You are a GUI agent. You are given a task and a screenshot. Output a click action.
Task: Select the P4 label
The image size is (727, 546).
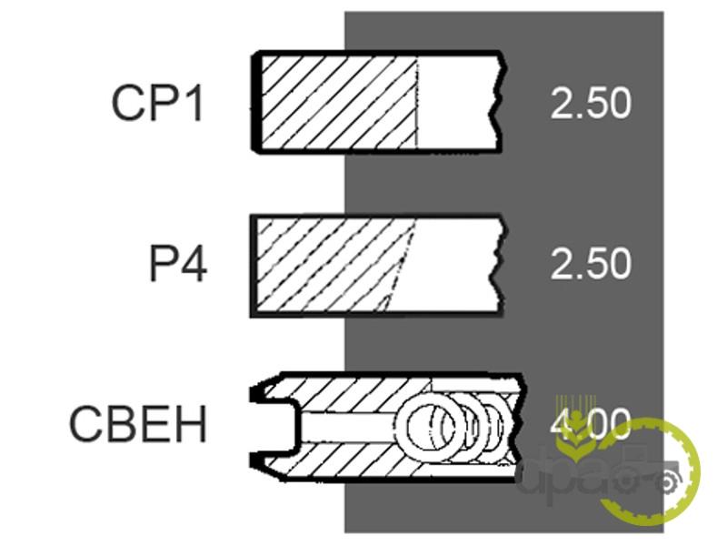pyautogui.click(x=178, y=265)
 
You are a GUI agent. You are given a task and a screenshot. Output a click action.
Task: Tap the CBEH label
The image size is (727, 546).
pyautogui.click(x=138, y=425)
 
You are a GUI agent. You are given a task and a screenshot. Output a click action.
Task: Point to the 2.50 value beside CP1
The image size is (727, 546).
pyautogui.click(x=591, y=104)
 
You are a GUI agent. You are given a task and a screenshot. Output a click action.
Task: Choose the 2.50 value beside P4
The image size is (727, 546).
pyautogui.click(x=591, y=265)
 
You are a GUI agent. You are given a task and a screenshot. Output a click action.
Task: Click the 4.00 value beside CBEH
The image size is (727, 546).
pyautogui.click(x=591, y=423)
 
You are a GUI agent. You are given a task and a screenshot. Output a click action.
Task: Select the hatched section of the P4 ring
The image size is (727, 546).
pyautogui.click(x=332, y=265)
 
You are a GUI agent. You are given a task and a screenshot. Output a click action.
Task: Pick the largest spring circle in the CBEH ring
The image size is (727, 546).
pyautogui.click(x=431, y=424)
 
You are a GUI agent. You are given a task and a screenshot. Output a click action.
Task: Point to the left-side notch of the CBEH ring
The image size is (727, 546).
pyautogui.click(x=273, y=424)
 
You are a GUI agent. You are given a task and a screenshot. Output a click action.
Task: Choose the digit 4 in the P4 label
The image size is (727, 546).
pyautogui.click(x=192, y=265)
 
